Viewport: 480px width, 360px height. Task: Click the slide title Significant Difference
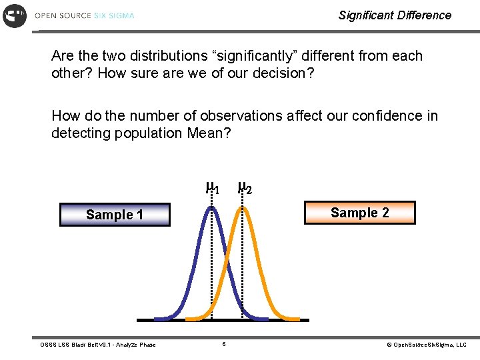pos(395,15)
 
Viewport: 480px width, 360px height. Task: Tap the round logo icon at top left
pos(15,15)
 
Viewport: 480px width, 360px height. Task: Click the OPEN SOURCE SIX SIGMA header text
pos(85,15)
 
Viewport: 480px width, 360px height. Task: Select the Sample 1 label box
pos(115,215)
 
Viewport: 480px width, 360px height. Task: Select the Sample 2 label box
pos(359,213)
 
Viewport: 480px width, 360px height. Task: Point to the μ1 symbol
pos(212,187)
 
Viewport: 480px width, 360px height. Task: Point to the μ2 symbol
pos(244,187)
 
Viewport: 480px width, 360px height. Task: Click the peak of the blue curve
pos(211,209)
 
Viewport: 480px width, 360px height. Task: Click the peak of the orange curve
pos(243,209)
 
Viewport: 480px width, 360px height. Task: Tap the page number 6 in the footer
pos(224,344)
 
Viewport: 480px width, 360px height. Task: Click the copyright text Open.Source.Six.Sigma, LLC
pos(427,345)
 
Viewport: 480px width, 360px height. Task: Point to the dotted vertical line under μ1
pos(211,280)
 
